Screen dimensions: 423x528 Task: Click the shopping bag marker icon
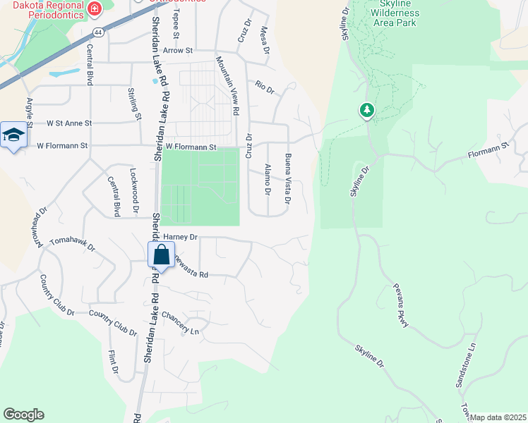point(161,255)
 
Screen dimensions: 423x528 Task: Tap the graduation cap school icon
point(13,135)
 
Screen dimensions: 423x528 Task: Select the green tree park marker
point(366,111)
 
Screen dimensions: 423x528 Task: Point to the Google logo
point(23,415)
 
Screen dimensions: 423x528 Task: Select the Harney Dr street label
point(180,238)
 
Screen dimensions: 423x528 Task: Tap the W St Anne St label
point(69,123)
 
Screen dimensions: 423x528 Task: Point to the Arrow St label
point(177,51)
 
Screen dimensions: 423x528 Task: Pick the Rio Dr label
point(265,86)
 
